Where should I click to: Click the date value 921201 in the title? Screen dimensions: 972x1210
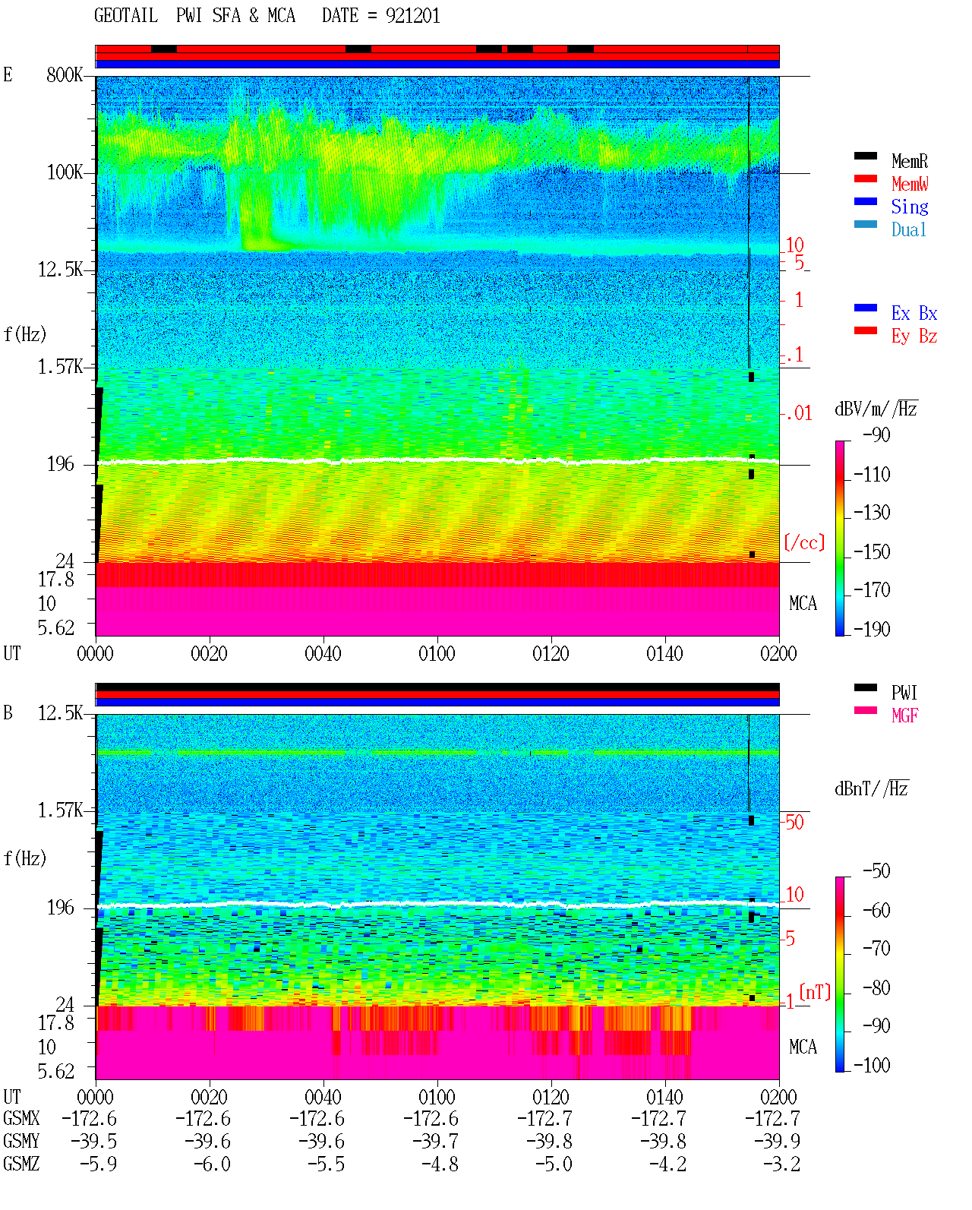[x=412, y=15]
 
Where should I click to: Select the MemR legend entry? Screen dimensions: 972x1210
[x=909, y=161]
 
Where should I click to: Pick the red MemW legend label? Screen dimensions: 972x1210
[x=909, y=183]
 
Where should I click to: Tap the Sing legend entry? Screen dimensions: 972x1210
[x=909, y=207]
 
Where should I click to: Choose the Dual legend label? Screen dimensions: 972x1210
[x=908, y=229]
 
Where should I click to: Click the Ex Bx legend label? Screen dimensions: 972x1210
[x=914, y=313]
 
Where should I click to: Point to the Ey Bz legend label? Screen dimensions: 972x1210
[x=914, y=336]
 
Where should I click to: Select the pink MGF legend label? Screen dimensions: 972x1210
[x=904, y=716]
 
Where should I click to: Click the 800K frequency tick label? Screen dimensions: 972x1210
[x=65, y=74]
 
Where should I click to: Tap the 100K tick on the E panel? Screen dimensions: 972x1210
[x=65, y=172]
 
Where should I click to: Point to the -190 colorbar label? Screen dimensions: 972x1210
[x=872, y=629]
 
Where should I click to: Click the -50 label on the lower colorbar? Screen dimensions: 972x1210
[x=876, y=871]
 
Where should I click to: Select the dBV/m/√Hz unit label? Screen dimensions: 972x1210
[x=876, y=408]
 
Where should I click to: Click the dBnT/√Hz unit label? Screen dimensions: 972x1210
[x=871, y=789]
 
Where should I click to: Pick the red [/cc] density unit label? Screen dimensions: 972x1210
[x=804, y=542]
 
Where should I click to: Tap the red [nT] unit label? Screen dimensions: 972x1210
[x=815, y=993]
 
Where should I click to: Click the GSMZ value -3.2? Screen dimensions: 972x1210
[x=781, y=1164]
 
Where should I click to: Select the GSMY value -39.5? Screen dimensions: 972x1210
[x=93, y=1142]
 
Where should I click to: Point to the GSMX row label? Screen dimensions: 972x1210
[x=21, y=1118]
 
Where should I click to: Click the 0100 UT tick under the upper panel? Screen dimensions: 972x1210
[x=437, y=653]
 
